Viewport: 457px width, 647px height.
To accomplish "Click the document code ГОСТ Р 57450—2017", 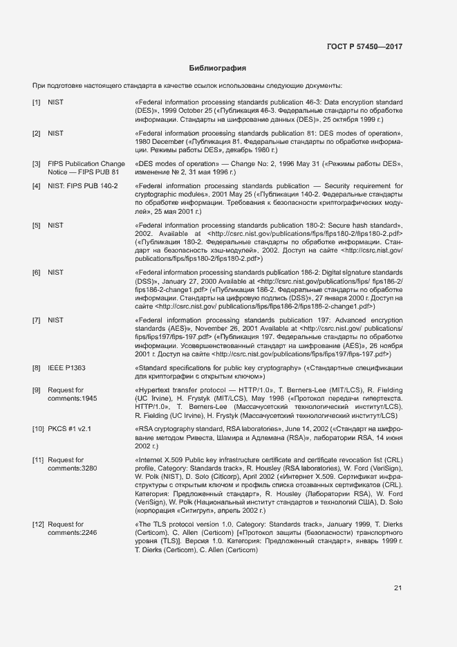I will click(x=364, y=46).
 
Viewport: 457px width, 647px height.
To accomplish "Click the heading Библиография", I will click(x=218, y=69).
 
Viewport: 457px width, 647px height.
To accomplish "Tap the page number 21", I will click(x=398, y=588).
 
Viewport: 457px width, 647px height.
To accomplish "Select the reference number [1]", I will click(x=37, y=102).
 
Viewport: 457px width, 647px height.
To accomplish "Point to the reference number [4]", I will click(x=37, y=186).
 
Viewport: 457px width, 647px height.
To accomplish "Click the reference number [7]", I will click(x=37, y=321).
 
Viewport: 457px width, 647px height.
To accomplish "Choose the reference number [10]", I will click(x=38, y=429).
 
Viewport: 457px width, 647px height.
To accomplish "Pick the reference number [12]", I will click(x=38, y=525).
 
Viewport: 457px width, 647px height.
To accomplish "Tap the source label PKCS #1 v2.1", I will click(x=70, y=429).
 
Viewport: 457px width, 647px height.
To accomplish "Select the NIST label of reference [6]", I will click(x=55, y=273).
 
